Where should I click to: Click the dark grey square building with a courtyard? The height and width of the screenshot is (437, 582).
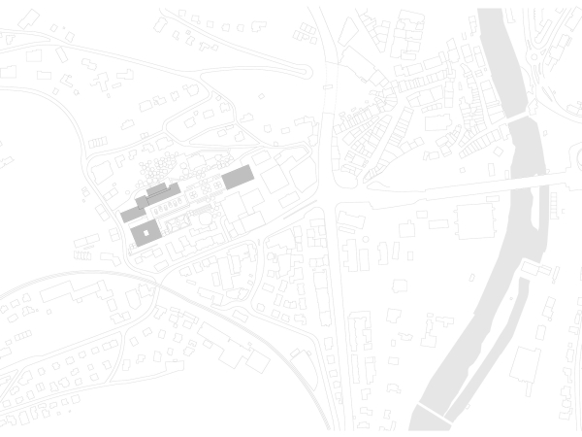pos(135,233)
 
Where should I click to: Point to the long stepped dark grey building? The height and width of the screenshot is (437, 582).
pos(150,199)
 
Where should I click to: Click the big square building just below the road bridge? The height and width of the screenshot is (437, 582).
pos(475,225)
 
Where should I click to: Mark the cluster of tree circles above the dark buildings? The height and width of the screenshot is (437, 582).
pos(165,165)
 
